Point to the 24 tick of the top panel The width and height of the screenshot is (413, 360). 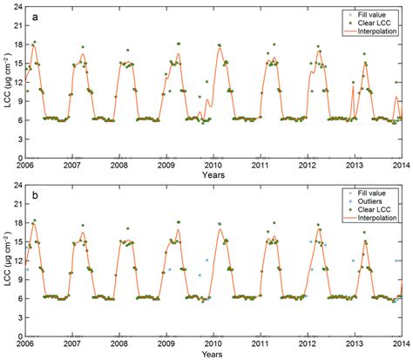click(17, 9)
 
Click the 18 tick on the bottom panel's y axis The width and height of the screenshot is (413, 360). click(17, 221)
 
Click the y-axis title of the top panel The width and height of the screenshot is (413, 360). click(6, 82)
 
